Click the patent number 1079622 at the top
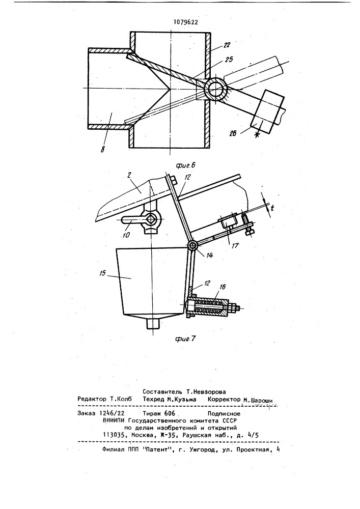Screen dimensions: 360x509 coord(186,22)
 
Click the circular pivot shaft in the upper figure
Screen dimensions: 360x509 coord(215,89)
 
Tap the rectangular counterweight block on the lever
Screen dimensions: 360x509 coord(267,111)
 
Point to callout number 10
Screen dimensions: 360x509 coord(126,235)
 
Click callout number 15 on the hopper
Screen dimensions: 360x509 coord(103,273)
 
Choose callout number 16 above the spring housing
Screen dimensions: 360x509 coord(223,287)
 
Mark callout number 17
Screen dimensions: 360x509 coord(235,246)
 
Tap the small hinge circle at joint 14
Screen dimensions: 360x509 coord(192,246)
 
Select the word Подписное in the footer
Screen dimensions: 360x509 coord(224,413)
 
